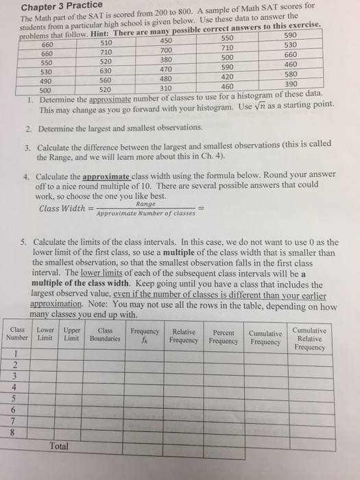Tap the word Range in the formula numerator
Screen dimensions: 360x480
145,204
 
